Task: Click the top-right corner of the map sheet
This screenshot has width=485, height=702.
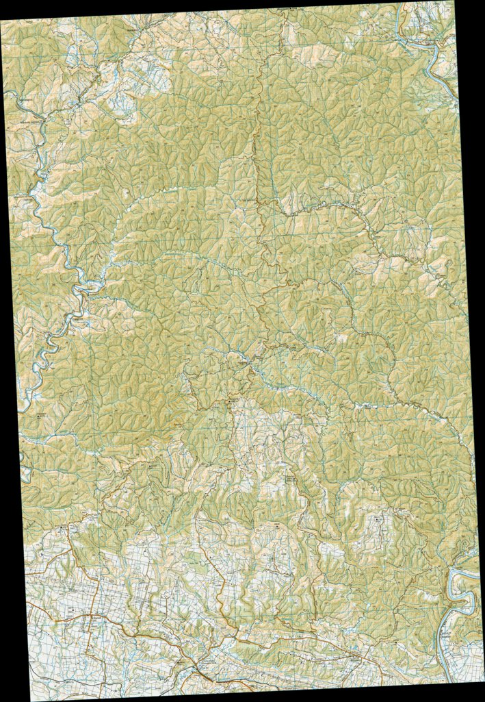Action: click(x=454, y=1)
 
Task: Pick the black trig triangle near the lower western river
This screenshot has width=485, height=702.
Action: click(x=38, y=415)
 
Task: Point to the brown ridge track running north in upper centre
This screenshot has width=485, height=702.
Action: click(x=260, y=137)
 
